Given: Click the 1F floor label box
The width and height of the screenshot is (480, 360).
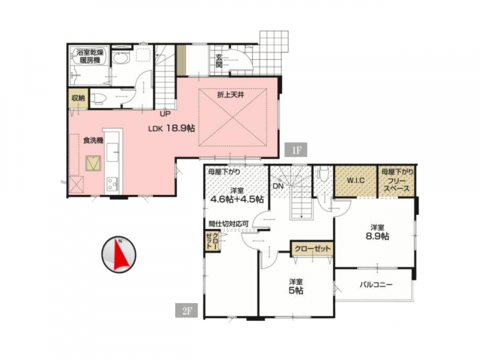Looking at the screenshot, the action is (295, 150).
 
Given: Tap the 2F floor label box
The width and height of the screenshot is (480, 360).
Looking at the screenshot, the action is (187, 310).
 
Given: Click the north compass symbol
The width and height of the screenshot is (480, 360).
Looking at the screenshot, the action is (119, 254).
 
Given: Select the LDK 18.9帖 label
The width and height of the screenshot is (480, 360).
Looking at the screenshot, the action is (172, 128).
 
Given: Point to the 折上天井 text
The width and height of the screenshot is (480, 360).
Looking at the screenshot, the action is (231, 95).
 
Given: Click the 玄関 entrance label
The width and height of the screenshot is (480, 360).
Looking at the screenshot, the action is (219, 61).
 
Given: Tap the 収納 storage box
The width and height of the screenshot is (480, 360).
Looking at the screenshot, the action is (78, 98).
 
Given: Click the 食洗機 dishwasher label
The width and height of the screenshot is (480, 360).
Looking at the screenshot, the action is (93, 140).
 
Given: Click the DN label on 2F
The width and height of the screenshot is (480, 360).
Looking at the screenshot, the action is (278, 185).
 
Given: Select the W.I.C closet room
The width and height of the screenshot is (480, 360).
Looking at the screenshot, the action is (356, 181).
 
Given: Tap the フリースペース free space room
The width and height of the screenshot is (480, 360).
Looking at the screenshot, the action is (397, 181).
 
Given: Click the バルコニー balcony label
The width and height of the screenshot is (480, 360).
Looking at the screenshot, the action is (376, 284).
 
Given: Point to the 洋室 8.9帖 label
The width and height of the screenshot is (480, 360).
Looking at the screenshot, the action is (377, 232).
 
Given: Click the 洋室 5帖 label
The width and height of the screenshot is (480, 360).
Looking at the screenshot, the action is (296, 287).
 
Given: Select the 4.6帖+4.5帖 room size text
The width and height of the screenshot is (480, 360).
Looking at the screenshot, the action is (237, 199).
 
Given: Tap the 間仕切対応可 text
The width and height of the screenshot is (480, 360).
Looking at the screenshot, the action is (228, 223).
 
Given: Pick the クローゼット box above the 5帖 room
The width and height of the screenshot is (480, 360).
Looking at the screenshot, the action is (311, 248).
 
